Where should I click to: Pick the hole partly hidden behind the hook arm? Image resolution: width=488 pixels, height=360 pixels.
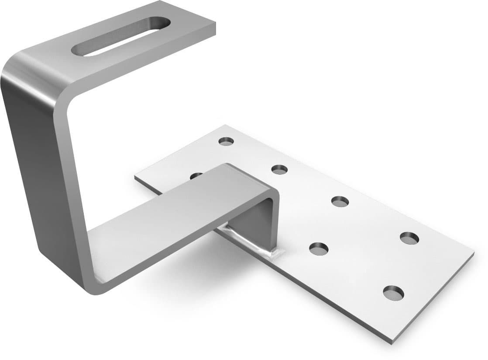(196, 175)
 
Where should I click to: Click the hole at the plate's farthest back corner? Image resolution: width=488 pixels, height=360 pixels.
(226, 141)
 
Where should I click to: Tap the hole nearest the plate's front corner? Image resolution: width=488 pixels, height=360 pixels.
(393, 292)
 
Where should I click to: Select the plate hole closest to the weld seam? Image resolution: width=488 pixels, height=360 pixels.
(319, 249)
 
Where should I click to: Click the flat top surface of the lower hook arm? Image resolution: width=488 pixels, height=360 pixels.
(175, 218)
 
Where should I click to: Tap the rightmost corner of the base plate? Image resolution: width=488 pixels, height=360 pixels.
(473, 253)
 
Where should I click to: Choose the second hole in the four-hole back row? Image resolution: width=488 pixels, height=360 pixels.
(279, 169)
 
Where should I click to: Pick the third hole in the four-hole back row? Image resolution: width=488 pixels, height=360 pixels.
(340, 201)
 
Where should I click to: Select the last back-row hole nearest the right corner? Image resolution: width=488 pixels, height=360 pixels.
(409, 238)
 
